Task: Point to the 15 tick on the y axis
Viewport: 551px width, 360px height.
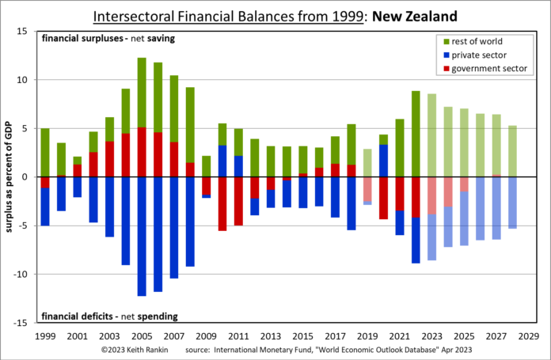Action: (x=22, y=32)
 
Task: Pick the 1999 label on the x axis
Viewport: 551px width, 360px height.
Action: (x=44, y=335)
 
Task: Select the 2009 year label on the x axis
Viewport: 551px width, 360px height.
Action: (x=207, y=335)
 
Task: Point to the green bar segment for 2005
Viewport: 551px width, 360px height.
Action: (x=142, y=93)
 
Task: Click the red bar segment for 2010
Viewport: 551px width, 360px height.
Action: (x=222, y=203)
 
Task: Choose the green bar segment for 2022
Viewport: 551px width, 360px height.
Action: (x=416, y=134)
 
